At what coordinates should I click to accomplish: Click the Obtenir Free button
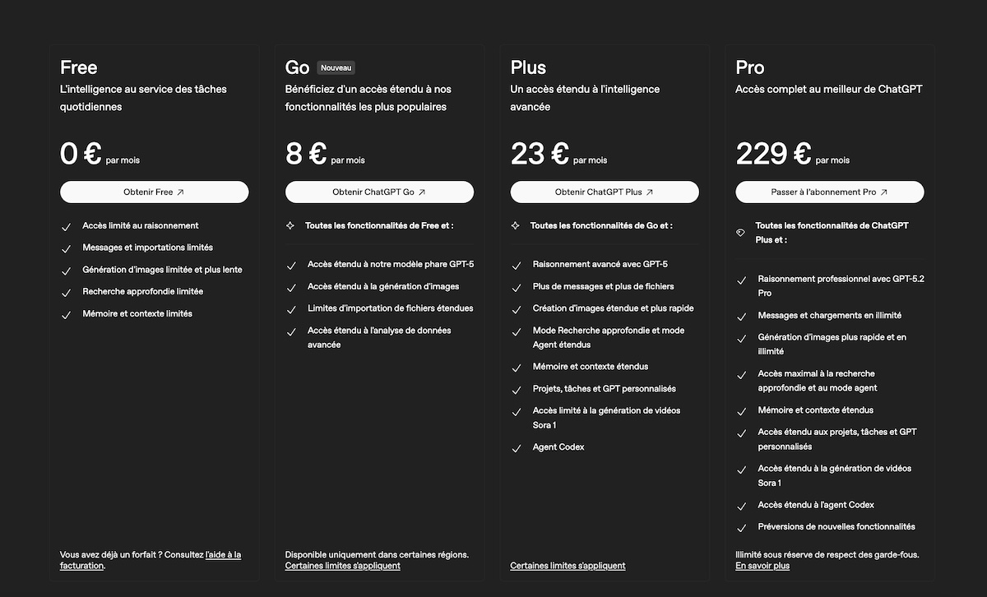(154, 192)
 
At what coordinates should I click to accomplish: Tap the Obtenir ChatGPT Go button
(379, 192)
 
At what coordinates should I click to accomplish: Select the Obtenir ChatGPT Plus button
(605, 192)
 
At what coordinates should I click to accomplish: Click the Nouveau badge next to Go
(336, 67)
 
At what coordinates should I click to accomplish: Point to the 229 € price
(773, 154)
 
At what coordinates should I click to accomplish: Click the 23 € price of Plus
(540, 154)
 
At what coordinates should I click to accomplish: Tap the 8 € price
(306, 154)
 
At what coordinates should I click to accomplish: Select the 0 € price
(81, 154)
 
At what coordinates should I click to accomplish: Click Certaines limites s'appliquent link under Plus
(568, 566)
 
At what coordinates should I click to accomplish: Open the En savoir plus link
(762, 566)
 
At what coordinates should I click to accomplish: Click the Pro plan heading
(750, 67)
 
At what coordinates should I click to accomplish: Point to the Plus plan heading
(528, 67)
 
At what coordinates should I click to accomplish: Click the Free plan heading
(79, 67)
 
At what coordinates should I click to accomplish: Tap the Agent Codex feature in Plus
(558, 447)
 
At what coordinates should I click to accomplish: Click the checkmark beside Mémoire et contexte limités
(66, 315)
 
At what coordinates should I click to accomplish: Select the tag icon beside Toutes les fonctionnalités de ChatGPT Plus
(740, 233)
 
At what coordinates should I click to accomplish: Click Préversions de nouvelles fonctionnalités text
(836, 526)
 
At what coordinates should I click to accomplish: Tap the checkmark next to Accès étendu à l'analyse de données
(291, 332)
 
